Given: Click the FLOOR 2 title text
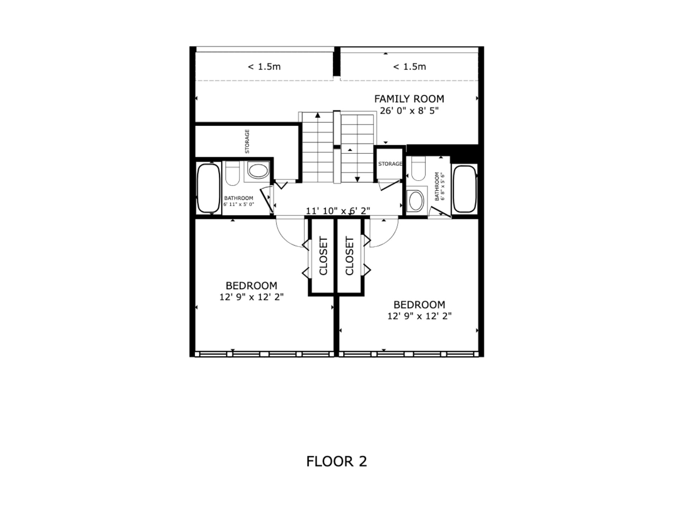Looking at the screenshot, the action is pyautogui.click(x=336, y=461).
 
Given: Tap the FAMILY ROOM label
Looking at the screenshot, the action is pyautogui.click(x=409, y=99).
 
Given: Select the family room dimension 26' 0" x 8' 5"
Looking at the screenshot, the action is pyautogui.click(x=409, y=111).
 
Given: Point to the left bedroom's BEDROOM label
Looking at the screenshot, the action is pyautogui.click(x=251, y=286).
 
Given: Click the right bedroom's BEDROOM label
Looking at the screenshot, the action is pyautogui.click(x=419, y=305).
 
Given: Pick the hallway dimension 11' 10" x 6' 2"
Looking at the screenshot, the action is pyautogui.click(x=338, y=211).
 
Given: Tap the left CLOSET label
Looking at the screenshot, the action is pyautogui.click(x=323, y=256).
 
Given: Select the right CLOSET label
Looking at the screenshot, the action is pyautogui.click(x=350, y=256).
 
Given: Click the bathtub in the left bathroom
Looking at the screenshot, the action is pyautogui.click(x=209, y=188).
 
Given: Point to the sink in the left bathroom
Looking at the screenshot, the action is pyautogui.click(x=258, y=171).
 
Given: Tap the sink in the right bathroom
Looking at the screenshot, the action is pyautogui.click(x=416, y=201).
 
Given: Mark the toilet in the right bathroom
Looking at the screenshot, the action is pyautogui.click(x=418, y=169).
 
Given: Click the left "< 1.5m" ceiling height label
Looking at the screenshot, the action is pyautogui.click(x=264, y=67).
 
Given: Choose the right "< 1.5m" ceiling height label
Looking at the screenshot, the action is pyautogui.click(x=410, y=67).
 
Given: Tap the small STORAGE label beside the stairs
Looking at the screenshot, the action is pyautogui.click(x=390, y=164).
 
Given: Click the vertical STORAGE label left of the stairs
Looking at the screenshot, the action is pyautogui.click(x=247, y=141).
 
